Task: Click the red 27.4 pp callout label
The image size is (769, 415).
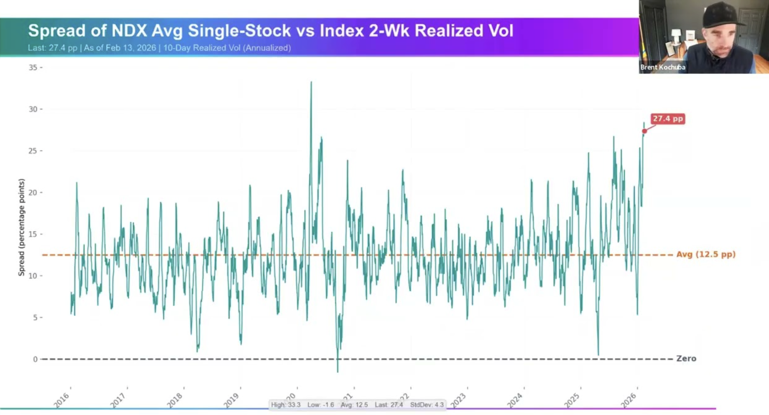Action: (x=667, y=119)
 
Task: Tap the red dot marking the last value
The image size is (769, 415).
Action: (x=644, y=131)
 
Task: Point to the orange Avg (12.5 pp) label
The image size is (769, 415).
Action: (x=706, y=254)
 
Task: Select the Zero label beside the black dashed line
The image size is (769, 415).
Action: (x=686, y=359)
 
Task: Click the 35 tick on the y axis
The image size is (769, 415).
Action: (x=33, y=68)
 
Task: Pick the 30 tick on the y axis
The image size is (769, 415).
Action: (x=33, y=109)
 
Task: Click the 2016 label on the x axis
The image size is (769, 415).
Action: (x=62, y=400)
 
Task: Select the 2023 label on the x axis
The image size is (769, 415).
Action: (x=459, y=400)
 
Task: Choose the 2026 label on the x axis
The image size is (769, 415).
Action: (x=629, y=400)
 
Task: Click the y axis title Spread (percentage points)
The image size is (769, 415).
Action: (x=21, y=227)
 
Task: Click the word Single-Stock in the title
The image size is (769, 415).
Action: (x=239, y=31)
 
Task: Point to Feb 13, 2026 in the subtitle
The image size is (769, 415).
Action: (x=131, y=48)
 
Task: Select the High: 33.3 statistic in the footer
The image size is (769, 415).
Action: (x=286, y=405)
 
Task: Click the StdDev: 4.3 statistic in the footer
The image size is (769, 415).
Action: (x=427, y=405)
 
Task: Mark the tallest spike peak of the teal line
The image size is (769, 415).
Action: (x=311, y=82)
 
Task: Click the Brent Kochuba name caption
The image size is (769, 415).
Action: (x=662, y=67)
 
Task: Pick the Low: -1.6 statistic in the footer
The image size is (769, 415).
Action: (x=321, y=405)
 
